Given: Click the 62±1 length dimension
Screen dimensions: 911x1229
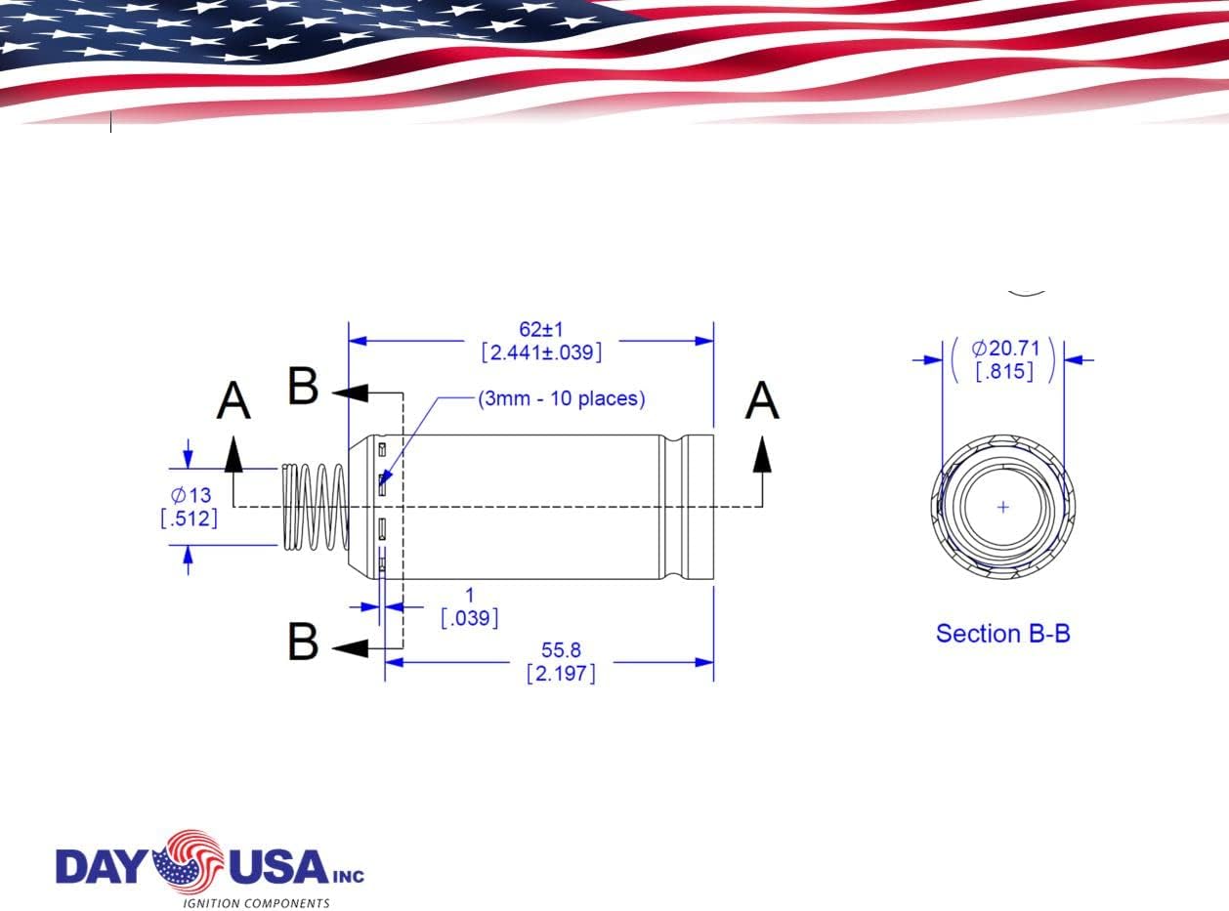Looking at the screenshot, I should click(540, 329).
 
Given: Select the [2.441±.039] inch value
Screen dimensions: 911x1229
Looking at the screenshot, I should click(540, 352).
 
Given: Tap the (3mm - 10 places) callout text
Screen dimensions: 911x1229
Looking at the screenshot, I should click(561, 398).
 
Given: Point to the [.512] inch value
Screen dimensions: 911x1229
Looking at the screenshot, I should click(189, 518).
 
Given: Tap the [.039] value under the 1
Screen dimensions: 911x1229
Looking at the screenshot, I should click(469, 618).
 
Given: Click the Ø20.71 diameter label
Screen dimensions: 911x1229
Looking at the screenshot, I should click(1004, 348).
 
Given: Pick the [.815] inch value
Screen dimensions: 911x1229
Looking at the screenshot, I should click(1004, 371).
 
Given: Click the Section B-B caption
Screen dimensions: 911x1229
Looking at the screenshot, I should click(1002, 634).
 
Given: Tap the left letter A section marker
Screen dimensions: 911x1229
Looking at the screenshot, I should click(233, 401).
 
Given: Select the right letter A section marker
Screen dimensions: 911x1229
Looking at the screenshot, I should click(762, 401).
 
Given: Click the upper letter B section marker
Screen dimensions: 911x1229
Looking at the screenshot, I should click(303, 387).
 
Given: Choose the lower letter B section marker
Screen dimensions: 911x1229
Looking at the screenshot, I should click(303, 642).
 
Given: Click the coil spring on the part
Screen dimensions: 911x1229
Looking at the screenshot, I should click(315, 506).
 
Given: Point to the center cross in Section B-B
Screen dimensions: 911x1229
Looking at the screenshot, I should click(1003, 507).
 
